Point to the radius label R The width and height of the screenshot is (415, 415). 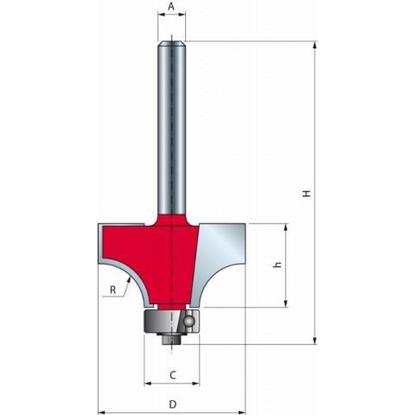point(113,290)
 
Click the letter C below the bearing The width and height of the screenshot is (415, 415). point(172,374)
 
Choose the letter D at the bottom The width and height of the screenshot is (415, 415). point(172,403)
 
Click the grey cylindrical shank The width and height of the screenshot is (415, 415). point(171,125)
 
